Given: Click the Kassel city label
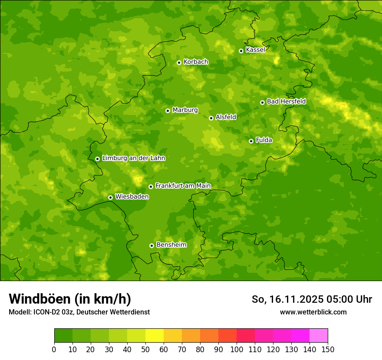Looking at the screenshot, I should click(255, 50).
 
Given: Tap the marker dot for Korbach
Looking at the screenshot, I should click(179, 62).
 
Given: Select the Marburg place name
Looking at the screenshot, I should click(185, 110).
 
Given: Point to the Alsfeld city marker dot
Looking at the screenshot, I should click(211, 118).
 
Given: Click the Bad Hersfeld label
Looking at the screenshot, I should click(286, 101).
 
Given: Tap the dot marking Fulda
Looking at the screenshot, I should click(251, 141).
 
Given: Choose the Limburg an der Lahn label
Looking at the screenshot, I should click(133, 158).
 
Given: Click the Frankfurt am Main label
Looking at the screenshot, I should click(183, 186).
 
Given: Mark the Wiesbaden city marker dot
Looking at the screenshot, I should click(110, 197).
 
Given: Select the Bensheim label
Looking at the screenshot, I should click(171, 245).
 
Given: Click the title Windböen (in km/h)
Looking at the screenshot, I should click(70, 299).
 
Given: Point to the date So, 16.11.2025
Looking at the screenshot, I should click(286, 299).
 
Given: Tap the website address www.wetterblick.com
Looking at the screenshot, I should click(313, 312).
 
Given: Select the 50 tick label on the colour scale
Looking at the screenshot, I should click(145, 350).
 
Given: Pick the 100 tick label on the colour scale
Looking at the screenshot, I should click(237, 350).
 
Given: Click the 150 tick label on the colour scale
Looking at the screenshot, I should click(328, 350).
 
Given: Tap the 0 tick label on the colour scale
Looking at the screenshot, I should click(54, 350).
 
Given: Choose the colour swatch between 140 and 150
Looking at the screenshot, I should click(319, 336).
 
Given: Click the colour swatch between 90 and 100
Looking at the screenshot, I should click(227, 336).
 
